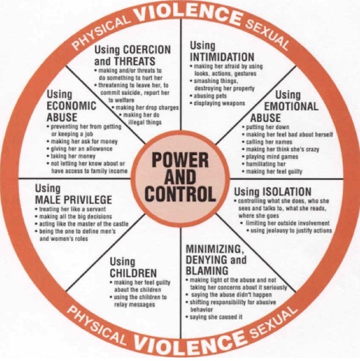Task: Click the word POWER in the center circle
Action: (x=180, y=160)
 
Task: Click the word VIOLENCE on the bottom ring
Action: (x=189, y=347)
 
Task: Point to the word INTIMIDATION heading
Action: (x=222, y=57)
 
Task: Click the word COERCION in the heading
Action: (x=147, y=49)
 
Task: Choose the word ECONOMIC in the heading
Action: (x=71, y=106)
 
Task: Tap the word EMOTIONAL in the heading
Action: (x=291, y=106)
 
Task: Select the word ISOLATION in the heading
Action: (x=287, y=192)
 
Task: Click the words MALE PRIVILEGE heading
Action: (x=74, y=200)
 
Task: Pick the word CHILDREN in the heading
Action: (x=133, y=274)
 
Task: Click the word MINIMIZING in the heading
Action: (x=214, y=249)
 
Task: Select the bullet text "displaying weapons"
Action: (x=218, y=104)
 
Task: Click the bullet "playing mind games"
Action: (x=270, y=157)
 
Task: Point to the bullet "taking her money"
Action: (x=71, y=156)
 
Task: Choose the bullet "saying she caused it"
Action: (x=214, y=317)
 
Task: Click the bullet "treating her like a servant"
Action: (x=70, y=209)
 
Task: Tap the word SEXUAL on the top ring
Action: (x=267, y=34)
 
